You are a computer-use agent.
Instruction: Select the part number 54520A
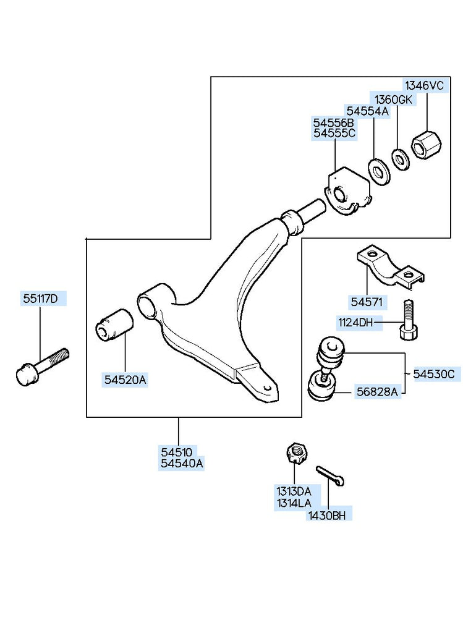[125, 380]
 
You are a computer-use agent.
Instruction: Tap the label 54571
[367, 303]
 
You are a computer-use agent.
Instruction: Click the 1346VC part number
[424, 86]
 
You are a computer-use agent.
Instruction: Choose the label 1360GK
[391, 100]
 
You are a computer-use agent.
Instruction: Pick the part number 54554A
[367, 111]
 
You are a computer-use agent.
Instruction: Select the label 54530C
[433, 373]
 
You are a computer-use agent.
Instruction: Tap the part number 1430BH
[328, 514]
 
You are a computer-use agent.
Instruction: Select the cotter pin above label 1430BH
[331, 476]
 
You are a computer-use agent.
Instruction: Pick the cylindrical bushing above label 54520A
[115, 324]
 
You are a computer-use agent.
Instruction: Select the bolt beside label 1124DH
[408, 320]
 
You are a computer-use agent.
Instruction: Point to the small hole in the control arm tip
[267, 388]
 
